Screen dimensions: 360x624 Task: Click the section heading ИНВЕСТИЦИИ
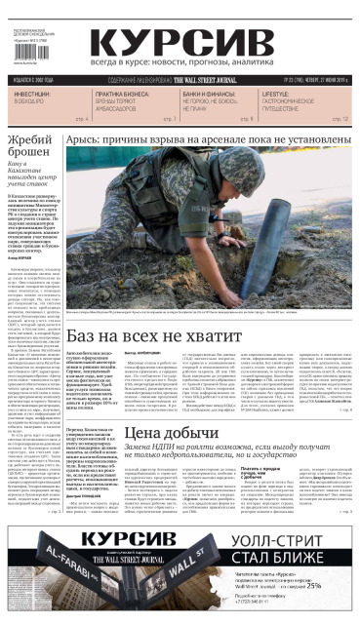point(32,94)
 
